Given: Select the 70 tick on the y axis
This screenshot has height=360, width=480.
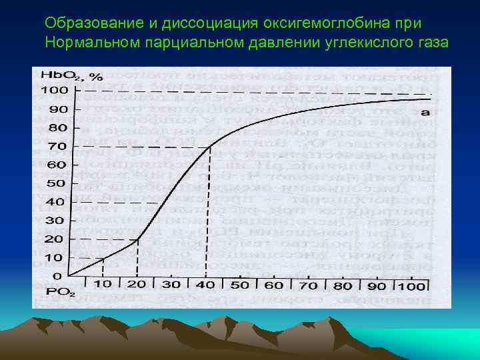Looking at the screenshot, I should coord(57,146).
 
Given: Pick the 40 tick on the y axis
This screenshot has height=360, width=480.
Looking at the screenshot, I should coord(57,201).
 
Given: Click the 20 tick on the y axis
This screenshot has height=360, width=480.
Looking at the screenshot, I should coord(57,239).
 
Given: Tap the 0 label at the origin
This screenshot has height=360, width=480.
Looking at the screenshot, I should coord(57,276).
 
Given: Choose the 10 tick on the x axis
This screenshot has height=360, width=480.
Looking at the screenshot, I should coord(103,284).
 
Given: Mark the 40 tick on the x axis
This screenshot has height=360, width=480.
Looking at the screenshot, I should coord(205,285).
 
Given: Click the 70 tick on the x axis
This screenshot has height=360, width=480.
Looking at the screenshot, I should coord(308,285).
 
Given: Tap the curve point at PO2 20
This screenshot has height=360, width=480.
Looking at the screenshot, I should coord(137,239).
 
